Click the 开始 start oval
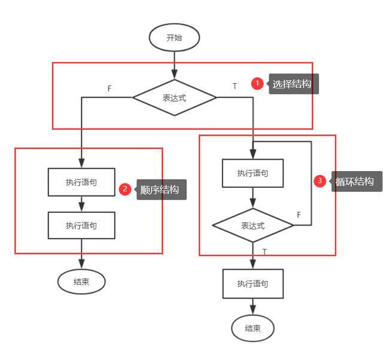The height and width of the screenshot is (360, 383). click(174, 38)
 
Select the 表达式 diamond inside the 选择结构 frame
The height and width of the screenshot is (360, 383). click(174, 97)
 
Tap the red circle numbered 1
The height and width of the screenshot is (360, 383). click(257, 84)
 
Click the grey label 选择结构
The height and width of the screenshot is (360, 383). click(293, 84)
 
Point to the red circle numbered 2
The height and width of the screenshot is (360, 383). click(125, 190)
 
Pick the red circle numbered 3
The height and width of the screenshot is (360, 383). click(320, 181)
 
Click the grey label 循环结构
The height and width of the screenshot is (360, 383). click(355, 181)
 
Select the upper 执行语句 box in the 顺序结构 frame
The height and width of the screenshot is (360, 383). click(81, 182)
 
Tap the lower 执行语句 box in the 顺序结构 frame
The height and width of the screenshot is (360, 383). click(81, 225)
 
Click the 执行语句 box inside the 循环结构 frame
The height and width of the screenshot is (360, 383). click(253, 173)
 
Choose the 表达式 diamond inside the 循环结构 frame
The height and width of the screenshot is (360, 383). click(253, 225)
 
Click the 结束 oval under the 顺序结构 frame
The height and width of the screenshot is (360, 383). click(81, 282)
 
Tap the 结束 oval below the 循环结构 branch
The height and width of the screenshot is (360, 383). click(253, 328)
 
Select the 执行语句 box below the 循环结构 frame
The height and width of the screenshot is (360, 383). click(253, 283)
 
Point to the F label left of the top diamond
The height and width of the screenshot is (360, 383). click(110, 89)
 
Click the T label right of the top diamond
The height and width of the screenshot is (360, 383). click(235, 86)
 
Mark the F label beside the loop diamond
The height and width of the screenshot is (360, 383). click(299, 214)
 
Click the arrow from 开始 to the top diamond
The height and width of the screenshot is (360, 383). click(174, 65)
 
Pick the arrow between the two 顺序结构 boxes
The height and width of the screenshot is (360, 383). click(81, 204)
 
